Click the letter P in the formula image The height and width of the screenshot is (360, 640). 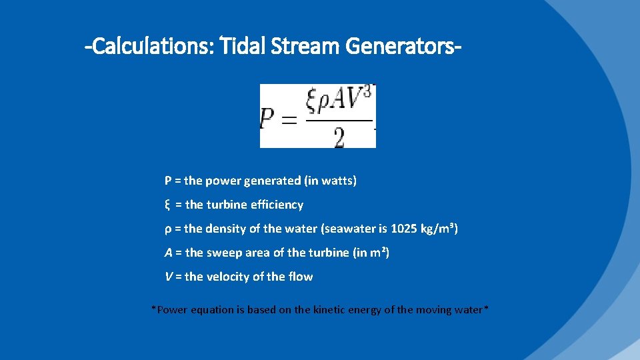[269, 120]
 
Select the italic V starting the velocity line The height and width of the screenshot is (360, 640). [168, 277]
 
